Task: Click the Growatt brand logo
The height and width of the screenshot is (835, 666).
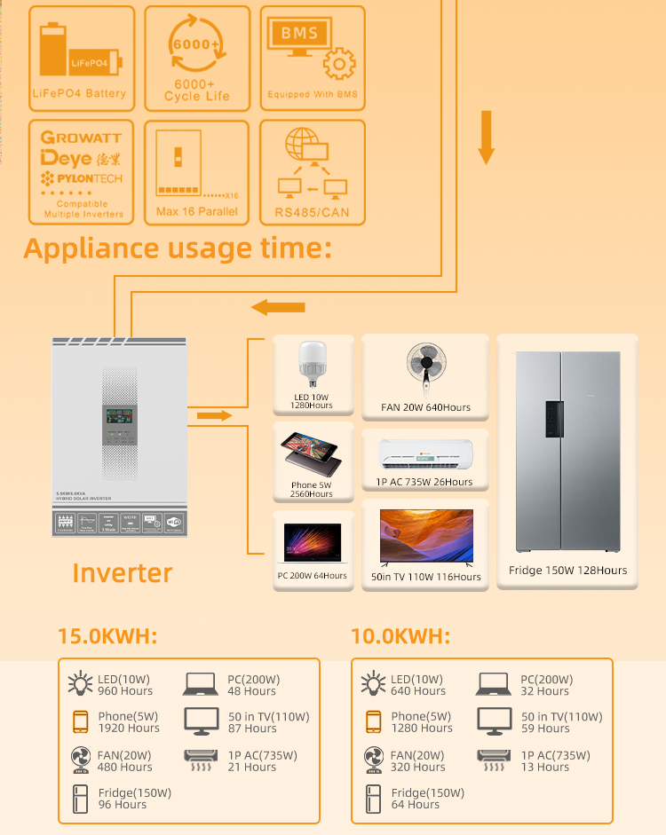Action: (81, 138)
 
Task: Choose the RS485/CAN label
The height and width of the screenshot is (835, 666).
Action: (312, 212)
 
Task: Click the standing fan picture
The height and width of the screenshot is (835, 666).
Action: (425, 367)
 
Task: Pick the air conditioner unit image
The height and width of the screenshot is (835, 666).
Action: (425, 454)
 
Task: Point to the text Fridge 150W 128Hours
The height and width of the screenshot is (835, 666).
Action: (567, 571)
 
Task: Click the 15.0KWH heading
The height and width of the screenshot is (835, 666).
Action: (107, 636)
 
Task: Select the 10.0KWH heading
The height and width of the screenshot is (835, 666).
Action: (400, 636)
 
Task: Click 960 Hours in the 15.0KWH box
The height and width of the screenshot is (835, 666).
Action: (125, 691)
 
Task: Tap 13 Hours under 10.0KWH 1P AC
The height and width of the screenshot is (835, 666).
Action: (545, 768)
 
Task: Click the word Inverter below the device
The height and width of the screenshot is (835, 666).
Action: (123, 573)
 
